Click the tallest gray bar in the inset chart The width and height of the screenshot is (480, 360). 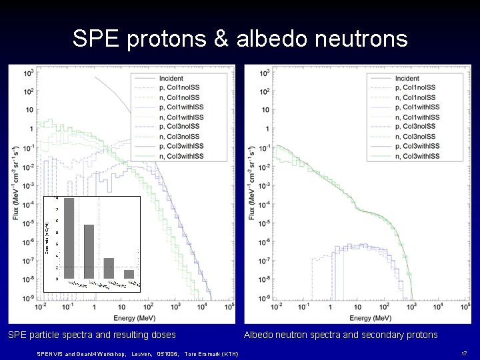(x=69, y=238)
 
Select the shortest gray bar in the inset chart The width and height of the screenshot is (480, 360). (x=129, y=274)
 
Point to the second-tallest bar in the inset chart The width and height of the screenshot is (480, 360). (x=89, y=251)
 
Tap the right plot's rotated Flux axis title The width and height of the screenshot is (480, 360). (x=252, y=183)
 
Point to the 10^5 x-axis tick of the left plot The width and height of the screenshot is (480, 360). (x=229, y=307)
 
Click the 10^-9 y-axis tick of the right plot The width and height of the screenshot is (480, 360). (x=263, y=297)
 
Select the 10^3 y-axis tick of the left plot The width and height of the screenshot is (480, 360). (x=29, y=73)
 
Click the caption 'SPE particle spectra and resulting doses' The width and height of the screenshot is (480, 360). (x=91, y=335)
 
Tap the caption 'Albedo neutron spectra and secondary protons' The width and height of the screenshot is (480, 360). (x=341, y=335)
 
